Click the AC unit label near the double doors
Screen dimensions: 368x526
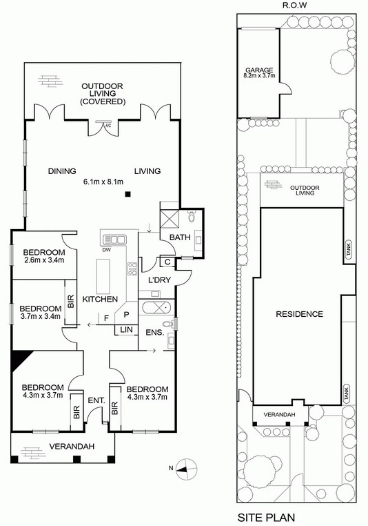(x=108, y=126)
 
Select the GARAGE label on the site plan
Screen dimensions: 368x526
(x=259, y=70)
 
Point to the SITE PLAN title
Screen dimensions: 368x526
(x=266, y=517)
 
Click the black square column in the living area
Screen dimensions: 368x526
(x=127, y=194)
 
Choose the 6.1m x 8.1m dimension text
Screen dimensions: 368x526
(x=103, y=182)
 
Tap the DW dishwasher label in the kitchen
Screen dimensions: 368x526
(x=108, y=250)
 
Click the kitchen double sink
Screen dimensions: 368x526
(x=114, y=240)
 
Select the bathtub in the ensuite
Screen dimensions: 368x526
(x=156, y=306)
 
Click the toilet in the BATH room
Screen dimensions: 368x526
(x=192, y=217)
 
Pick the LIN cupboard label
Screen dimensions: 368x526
(x=126, y=330)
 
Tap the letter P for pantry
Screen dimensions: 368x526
(x=126, y=315)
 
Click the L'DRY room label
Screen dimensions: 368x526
(x=159, y=280)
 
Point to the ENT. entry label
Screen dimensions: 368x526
(x=96, y=400)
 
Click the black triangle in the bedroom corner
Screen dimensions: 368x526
(x=19, y=360)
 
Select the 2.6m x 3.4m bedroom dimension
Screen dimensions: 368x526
(x=43, y=260)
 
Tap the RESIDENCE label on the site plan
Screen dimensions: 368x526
(x=299, y=314)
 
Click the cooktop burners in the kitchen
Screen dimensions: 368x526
(x=132, y=269)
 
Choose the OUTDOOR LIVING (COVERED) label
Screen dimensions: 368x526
(x=103, y=94)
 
